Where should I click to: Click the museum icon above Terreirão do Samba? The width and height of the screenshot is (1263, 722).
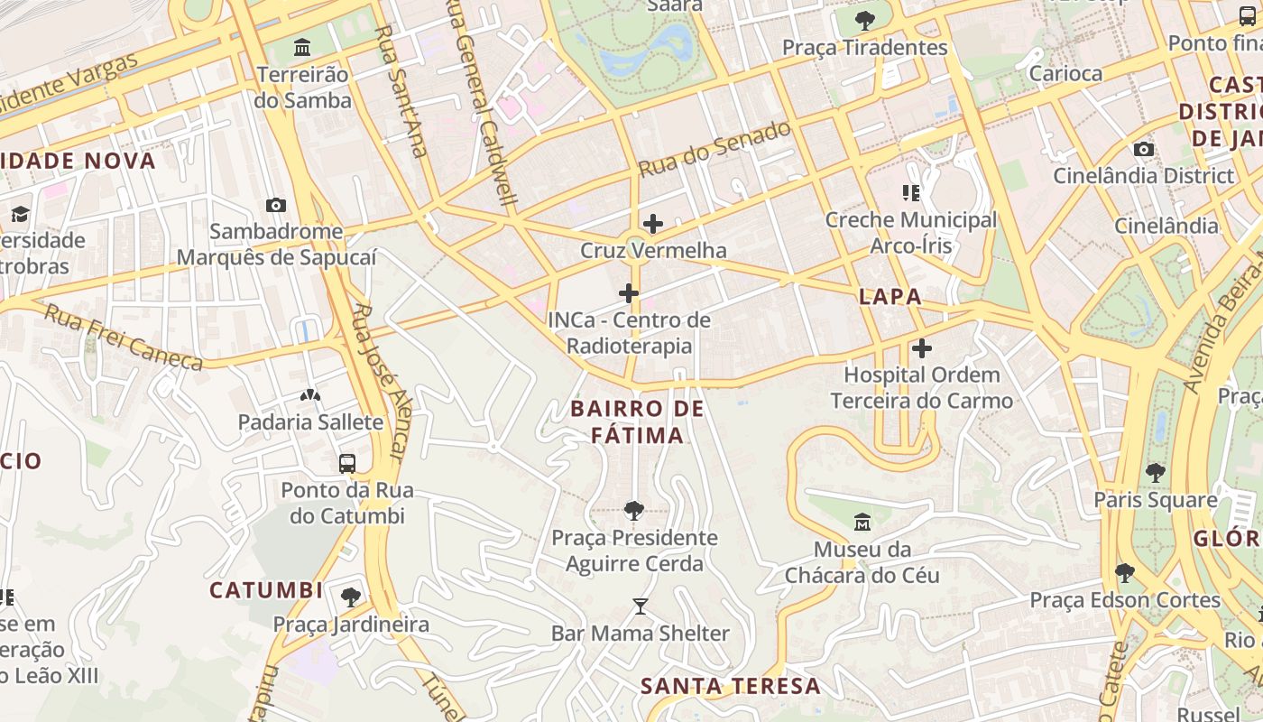pos(302,47)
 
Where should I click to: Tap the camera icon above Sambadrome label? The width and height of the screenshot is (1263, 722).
pos(276,206)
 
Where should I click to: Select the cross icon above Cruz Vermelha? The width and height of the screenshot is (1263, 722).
pos(653,224)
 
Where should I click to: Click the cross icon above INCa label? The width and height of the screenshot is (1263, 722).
pos(629,293)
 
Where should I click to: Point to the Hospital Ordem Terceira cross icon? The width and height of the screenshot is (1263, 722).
pos(921,347)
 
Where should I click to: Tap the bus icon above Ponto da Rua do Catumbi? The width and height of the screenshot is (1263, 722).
pos(346,464)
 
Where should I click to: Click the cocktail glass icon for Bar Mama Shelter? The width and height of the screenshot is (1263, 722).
pos(641,606)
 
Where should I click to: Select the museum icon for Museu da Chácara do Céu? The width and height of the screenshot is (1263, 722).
pos(862,523)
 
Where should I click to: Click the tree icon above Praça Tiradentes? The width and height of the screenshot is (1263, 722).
pos(865,20)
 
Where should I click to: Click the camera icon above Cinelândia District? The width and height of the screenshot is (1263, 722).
pos(1143,149)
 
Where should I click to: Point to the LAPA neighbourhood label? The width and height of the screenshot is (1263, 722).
pos(890,297)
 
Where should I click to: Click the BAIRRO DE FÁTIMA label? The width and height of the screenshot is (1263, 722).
pos(637,421)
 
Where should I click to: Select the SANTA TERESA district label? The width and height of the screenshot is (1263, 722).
pos(731,686)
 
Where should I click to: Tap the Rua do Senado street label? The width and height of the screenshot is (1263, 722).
pos(714,149)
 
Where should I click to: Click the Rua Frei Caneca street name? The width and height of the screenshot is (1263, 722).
pos(124,338)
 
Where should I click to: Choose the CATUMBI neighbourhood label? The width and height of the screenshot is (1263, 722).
pos(266,590)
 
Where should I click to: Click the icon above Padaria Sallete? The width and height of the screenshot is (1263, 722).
pos(309,395)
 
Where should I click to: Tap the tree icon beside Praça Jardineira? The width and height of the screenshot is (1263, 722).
pos(351,597)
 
